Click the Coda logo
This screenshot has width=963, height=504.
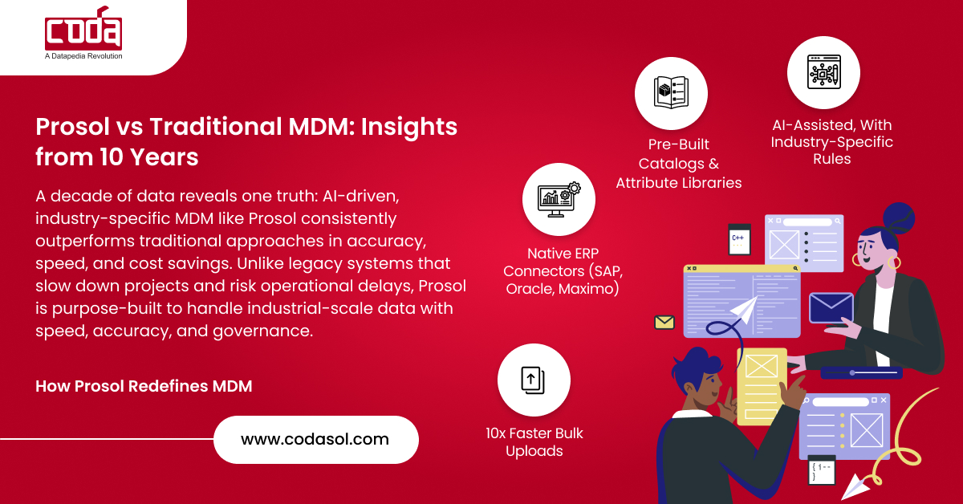[83, 28]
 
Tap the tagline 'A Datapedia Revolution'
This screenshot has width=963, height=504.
[83, 56]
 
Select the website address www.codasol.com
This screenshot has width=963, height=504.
[315, 439]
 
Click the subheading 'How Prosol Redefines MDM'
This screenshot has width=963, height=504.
[144, 386]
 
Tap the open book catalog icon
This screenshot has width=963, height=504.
[671, 91]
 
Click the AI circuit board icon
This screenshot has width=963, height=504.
[823, 71]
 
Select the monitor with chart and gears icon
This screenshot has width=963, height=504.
[559, 200]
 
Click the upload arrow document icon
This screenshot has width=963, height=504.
[533, 380]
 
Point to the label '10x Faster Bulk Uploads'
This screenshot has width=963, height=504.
[534, 441]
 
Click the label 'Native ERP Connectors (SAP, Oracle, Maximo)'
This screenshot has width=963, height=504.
[563, 271]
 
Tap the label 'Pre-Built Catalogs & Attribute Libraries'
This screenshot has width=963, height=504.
[679, 164]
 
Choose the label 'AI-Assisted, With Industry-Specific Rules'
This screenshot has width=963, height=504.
[832, 141]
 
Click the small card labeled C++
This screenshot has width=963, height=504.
[739, 239]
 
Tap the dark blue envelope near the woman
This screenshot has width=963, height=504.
[831, 308]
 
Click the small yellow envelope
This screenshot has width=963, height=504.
[664, 322]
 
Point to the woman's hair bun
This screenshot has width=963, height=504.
[899, 217]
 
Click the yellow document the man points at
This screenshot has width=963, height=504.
[762, 386]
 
